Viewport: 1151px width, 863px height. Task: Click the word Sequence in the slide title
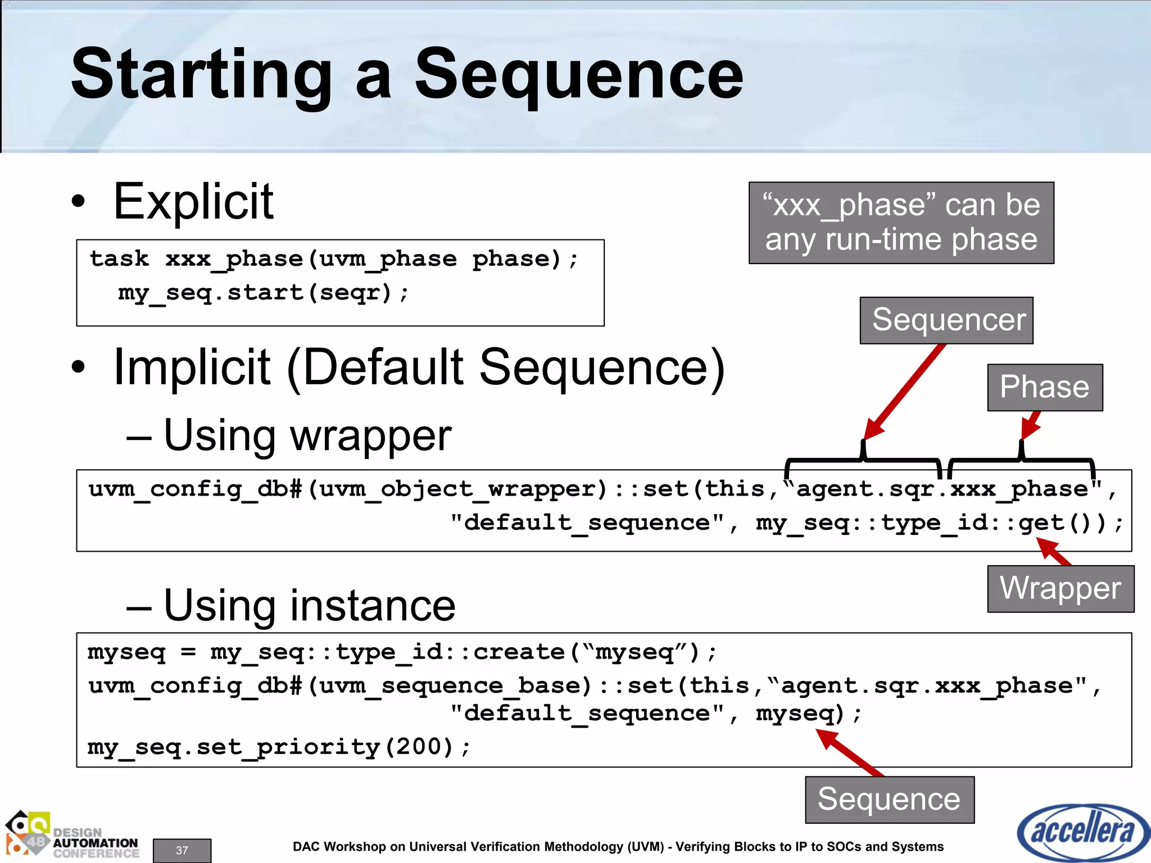[579, 75]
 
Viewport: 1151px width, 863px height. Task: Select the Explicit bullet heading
[193, 202]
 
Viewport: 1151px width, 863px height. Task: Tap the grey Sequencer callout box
[946, 320]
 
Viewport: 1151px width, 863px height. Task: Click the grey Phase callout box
[1045, 387]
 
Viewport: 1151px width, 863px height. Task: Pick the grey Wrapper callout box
[1060, 588]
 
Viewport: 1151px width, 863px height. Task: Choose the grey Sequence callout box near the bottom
[889, 800]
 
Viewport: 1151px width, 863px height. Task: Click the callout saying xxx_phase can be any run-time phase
[901, 222]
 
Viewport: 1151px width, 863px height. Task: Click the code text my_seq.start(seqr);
[263, 293]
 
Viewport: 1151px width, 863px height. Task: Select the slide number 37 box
[182, 850]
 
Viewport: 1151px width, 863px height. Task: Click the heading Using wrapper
[307, 435]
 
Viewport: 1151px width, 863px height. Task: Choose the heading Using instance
[309, 606]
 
